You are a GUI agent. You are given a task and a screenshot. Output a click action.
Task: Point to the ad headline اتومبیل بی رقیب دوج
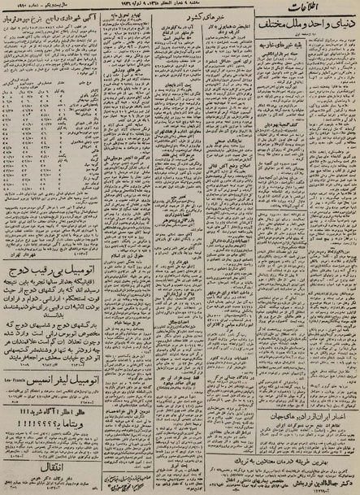point(50,265)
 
